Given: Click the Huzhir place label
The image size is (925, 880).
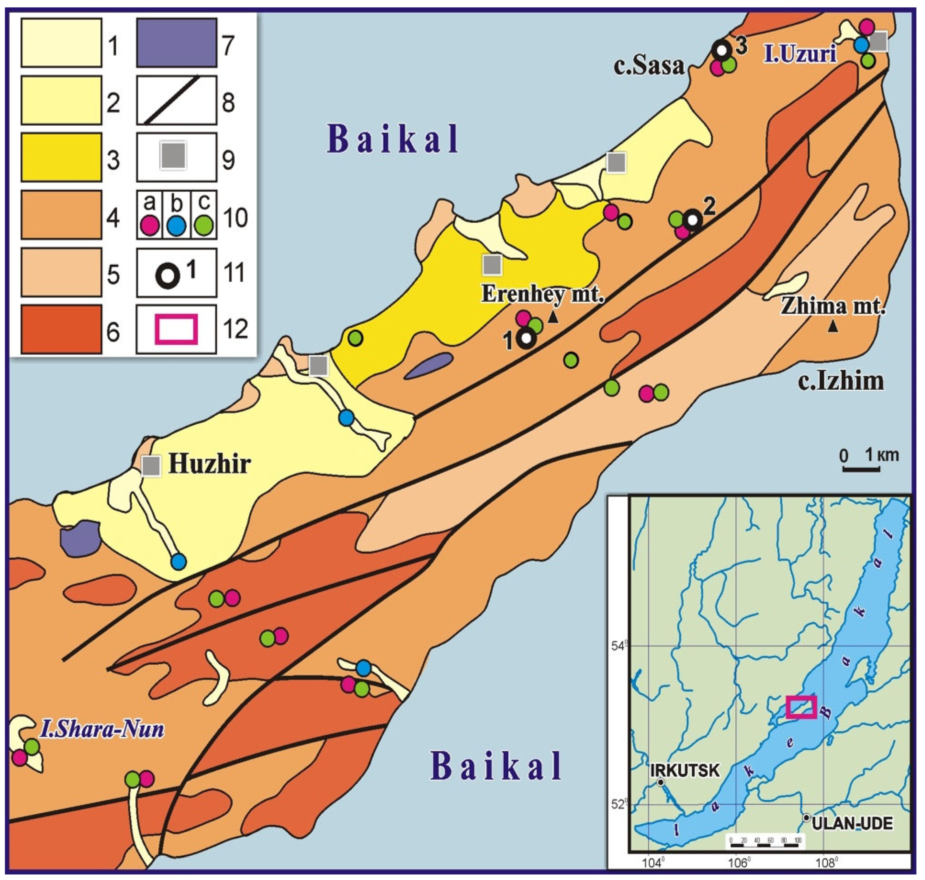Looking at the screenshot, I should coord(210,464).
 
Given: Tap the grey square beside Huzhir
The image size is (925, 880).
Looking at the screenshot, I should coord(151,466).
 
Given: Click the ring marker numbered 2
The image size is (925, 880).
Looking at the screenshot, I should coord(692,219).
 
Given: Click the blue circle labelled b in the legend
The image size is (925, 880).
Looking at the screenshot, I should coord(176,227).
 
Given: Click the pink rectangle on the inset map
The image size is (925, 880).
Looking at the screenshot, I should coord(801,707).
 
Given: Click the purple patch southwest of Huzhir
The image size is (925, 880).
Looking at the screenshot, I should coord(79,538).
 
